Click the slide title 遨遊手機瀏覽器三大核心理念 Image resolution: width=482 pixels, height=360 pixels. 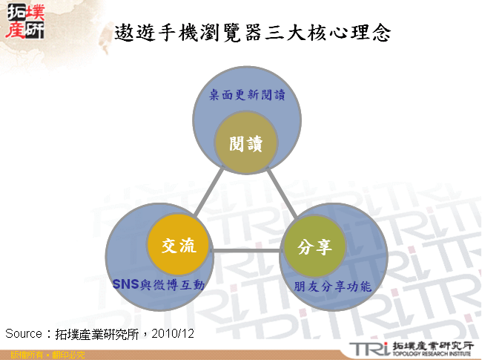253,32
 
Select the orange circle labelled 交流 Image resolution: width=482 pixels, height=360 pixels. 178,246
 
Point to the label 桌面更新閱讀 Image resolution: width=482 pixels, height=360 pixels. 247,95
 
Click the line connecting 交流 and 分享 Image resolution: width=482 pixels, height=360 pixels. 246,249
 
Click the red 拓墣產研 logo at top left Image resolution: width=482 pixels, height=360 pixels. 24,20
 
